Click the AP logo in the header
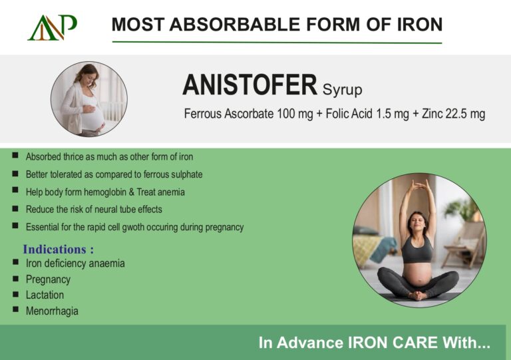click(x=52, y=27)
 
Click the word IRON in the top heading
click(x=420, y=25)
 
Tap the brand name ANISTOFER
click(x=250, y=85)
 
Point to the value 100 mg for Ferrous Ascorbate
click(x=295, y=114)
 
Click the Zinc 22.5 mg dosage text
click(x=453, y=114)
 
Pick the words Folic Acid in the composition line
click(x=349, y=114)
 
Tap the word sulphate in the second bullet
click(x=187, y=174)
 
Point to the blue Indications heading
click(x=59, y=250)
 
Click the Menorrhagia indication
click(x=52, y=311)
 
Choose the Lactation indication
click(x=45, y=295)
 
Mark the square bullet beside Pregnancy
click(x=16, y=279)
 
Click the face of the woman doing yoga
click(x=417, y=224)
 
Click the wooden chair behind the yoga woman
click(x=463, y=243)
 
